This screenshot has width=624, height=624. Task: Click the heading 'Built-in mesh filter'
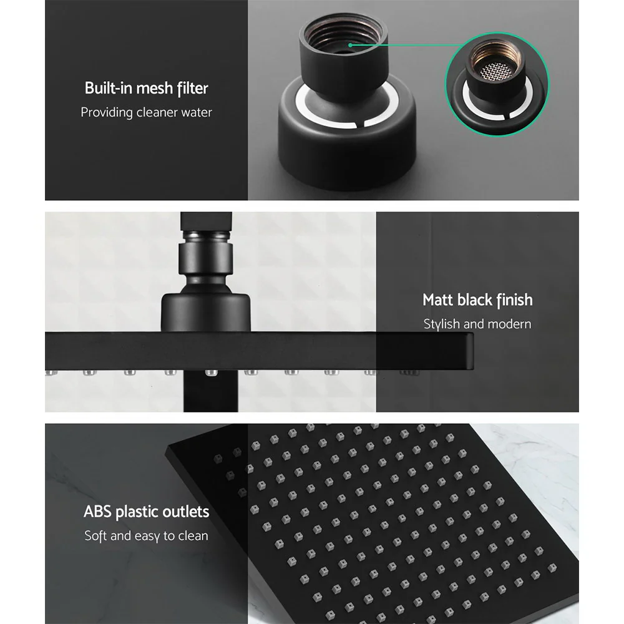146,88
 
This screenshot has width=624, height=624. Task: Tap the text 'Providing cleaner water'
146,113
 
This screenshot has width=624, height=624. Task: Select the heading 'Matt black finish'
477,300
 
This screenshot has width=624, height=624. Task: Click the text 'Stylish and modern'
477,324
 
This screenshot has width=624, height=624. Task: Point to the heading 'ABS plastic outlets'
146,512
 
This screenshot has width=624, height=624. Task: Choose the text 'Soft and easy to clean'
146,536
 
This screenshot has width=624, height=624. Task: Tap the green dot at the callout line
351,45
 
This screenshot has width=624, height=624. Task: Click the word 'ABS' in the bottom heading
97,512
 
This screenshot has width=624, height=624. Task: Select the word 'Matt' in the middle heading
439,300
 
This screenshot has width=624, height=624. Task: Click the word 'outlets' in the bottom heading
184,512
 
